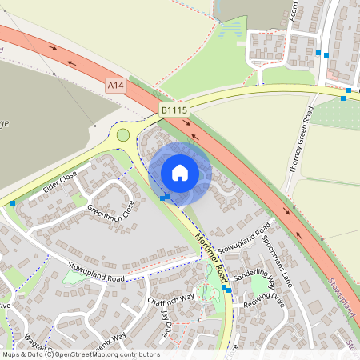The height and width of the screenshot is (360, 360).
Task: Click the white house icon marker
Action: pos(180,172)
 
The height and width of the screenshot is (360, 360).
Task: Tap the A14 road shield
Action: pos(116,83)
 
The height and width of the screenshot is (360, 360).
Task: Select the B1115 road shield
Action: pos(173,110)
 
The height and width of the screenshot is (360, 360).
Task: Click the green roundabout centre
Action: pos(123,134)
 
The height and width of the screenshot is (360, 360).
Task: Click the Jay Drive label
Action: pos(166,324)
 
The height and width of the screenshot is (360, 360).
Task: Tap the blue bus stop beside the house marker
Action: pos(164,197)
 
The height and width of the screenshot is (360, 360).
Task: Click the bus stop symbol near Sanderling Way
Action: pos(229,290)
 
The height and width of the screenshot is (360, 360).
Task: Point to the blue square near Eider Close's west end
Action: pos(13,203)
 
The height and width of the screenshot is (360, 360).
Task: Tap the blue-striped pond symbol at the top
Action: pos(230,30)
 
